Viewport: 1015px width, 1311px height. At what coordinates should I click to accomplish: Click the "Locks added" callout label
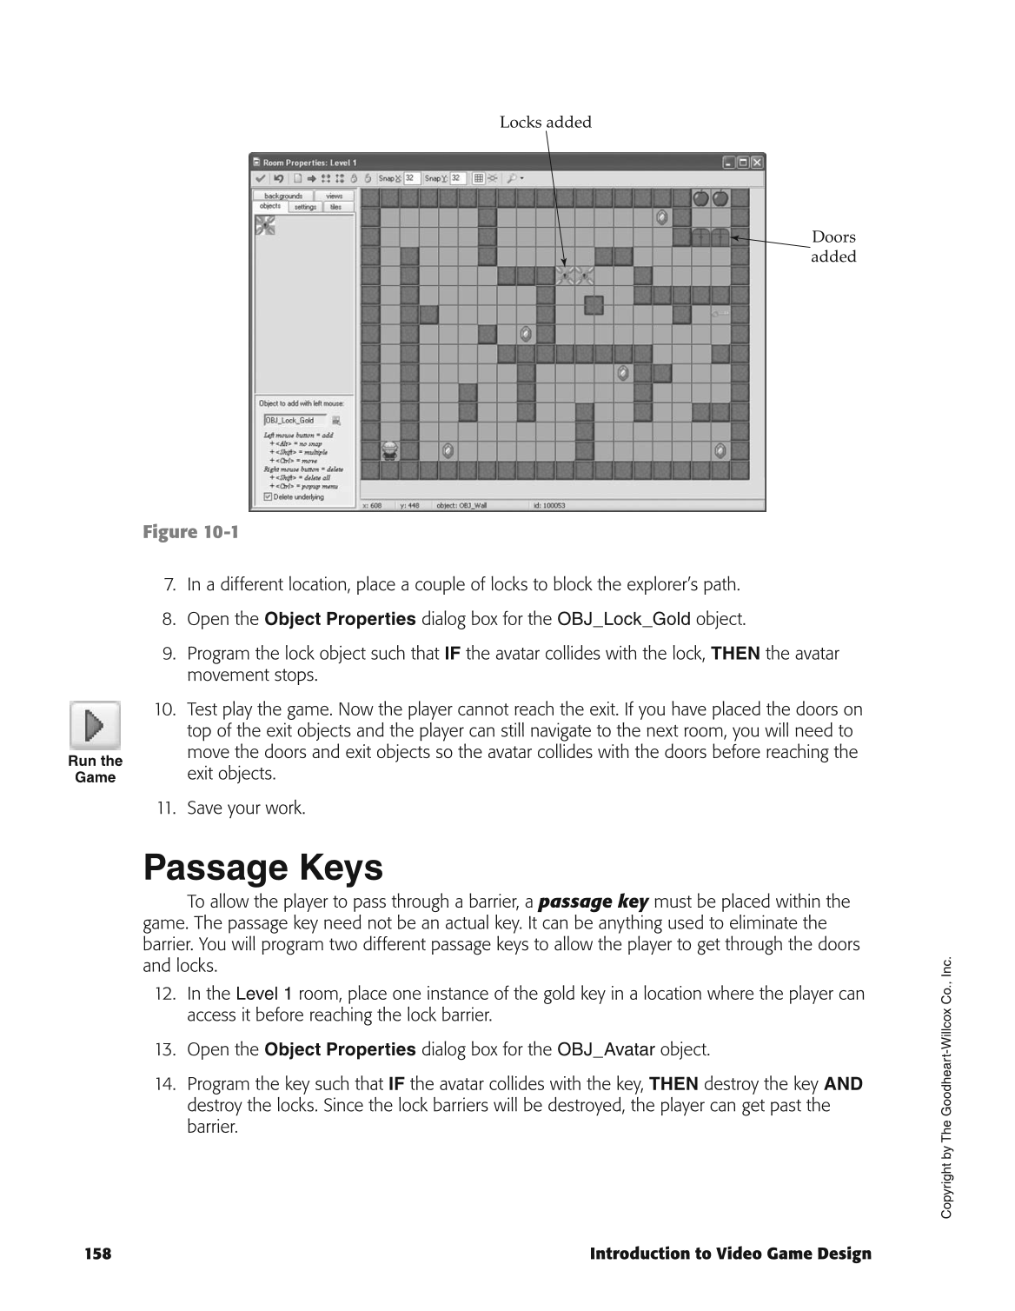(545, 123)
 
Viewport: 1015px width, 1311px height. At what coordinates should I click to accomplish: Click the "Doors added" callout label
(833, 247)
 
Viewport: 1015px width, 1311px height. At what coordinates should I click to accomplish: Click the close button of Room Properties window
(757, 163)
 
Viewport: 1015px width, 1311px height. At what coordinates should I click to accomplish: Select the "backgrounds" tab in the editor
(283, 196)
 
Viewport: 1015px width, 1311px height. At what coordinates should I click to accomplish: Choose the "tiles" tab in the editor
(336, 207)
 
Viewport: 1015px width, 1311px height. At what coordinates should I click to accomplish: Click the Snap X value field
(411, 178)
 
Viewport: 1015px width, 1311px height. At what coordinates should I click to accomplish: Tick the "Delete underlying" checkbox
(268, 497)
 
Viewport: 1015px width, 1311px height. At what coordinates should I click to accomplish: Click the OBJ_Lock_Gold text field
(294, 421)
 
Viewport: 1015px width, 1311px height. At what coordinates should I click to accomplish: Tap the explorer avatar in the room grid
(390, 450)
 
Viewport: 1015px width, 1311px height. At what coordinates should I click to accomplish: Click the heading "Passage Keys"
(262, 868)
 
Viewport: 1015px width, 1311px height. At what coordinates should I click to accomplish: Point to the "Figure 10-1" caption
(190, 532)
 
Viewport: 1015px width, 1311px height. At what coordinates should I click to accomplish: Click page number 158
(98, 1254)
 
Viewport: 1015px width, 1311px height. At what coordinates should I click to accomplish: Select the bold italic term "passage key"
(593, 902)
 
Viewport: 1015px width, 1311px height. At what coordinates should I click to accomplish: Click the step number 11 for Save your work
(166, 809)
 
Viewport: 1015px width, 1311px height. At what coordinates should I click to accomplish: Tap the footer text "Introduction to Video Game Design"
(730, 1254)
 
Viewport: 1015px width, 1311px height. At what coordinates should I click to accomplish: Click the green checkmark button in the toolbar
(260, 178)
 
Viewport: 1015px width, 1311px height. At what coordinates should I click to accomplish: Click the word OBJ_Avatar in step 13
(605, 1050)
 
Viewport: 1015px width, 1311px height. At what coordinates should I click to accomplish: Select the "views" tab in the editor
(334, 196)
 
